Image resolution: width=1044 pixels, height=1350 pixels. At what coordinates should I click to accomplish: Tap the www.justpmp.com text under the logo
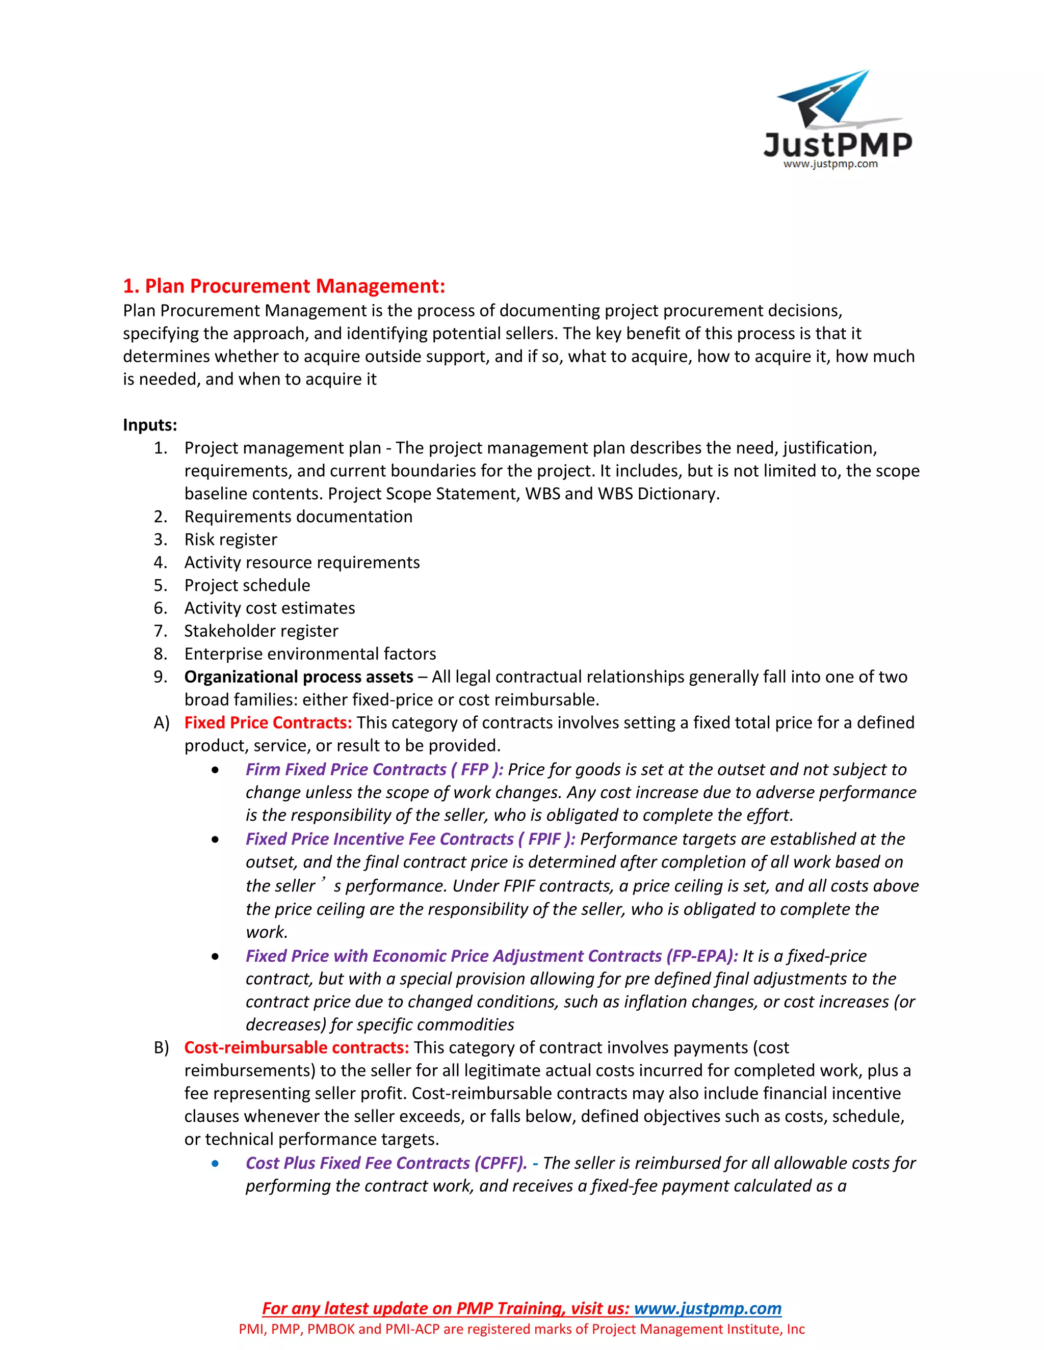830,165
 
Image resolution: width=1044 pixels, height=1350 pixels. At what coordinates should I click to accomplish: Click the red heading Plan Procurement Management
284,286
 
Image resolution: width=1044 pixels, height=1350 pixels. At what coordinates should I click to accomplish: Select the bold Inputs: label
150,425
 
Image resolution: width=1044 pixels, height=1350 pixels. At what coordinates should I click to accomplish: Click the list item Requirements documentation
298,517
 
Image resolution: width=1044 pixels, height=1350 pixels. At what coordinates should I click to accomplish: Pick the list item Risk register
231,539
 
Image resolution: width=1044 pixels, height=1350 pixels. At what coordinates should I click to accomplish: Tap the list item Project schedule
247,585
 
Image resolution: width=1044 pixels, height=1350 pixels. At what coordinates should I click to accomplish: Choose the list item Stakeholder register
261,631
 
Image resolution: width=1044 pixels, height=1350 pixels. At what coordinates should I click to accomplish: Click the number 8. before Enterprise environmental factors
160,654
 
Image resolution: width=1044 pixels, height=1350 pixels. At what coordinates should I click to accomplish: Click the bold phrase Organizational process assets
299,677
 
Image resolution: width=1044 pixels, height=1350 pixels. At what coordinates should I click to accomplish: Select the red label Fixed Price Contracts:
268,722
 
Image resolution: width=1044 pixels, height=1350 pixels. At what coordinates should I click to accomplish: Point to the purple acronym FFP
475,770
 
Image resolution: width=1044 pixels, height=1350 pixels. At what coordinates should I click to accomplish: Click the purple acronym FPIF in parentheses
544,840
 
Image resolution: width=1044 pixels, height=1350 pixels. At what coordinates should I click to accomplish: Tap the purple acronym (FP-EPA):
701,956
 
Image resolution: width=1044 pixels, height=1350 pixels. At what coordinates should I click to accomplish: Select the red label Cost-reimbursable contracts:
297,1048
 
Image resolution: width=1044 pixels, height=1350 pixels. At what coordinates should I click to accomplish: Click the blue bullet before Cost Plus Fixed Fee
215,1164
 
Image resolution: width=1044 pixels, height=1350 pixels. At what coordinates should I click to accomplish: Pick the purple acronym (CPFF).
501,1164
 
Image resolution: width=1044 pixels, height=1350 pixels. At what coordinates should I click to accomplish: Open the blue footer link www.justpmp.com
708,1309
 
